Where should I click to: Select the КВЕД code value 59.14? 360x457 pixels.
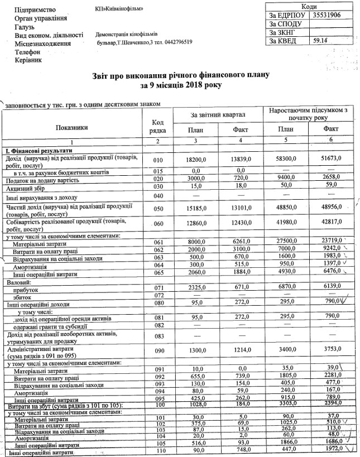pos(320,41)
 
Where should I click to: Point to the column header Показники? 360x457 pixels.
pos(71,128)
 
